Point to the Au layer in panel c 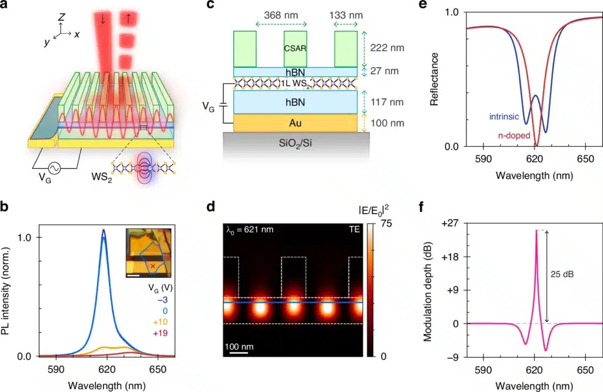pyautogui.click(x=295, y=122)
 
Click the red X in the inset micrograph pyautogui.click(x=153, y=266)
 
